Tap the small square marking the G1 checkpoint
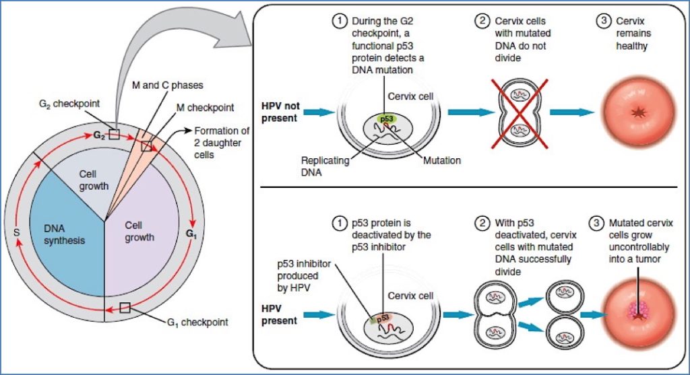[125, 308]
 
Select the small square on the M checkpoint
[146, 146]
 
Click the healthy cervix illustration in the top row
[636, 112]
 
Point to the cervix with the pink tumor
[636, 313]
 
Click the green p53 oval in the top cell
[387, 118]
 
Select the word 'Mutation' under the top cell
[442, 161]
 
